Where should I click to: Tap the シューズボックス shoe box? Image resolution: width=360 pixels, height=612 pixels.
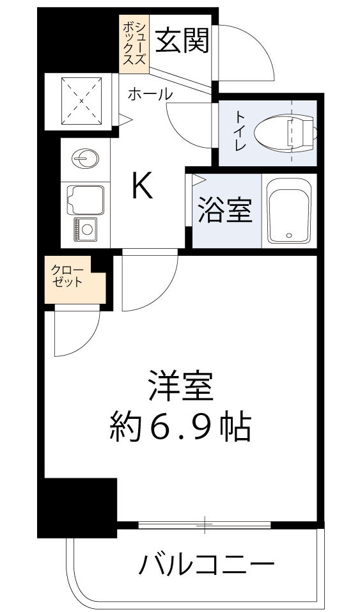pos(135,42)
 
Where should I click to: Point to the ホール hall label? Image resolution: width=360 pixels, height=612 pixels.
pos(150,94)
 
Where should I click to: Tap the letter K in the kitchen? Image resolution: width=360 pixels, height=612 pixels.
pos(141,187)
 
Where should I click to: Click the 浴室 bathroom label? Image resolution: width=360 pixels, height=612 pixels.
pos(224,211)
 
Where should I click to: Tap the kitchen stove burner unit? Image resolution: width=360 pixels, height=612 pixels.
pos(84,227)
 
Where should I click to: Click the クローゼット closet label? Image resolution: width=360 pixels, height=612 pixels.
pos(68,276)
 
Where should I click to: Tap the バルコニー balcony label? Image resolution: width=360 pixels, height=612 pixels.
pos(207,565)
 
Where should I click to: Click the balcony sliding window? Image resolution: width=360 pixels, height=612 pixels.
pos(205,526)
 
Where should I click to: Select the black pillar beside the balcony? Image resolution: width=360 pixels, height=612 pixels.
pos(77,507)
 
